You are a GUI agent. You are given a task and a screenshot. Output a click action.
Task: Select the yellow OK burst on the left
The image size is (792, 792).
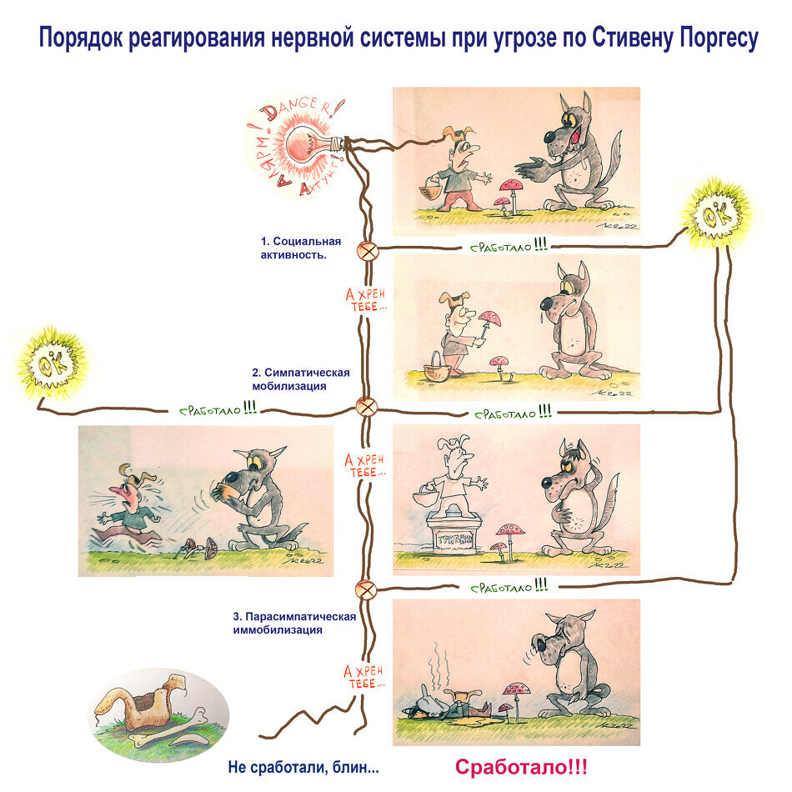(x=52, y=363)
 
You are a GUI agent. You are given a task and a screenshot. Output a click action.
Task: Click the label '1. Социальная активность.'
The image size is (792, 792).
(x=293, y=248)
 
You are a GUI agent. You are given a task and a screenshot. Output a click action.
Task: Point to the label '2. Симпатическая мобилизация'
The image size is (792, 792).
(x=300, y=379)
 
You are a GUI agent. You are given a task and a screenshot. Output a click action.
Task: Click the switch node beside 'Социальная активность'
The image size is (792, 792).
(x=366, y=249)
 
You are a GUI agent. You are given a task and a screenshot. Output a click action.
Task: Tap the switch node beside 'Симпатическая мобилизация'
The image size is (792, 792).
(x=366, y=407)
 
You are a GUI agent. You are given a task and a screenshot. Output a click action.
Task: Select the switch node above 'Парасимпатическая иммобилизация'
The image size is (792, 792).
(x=366, y=589)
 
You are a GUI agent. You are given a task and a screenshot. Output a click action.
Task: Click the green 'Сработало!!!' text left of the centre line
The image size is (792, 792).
(x=218, y=410)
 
